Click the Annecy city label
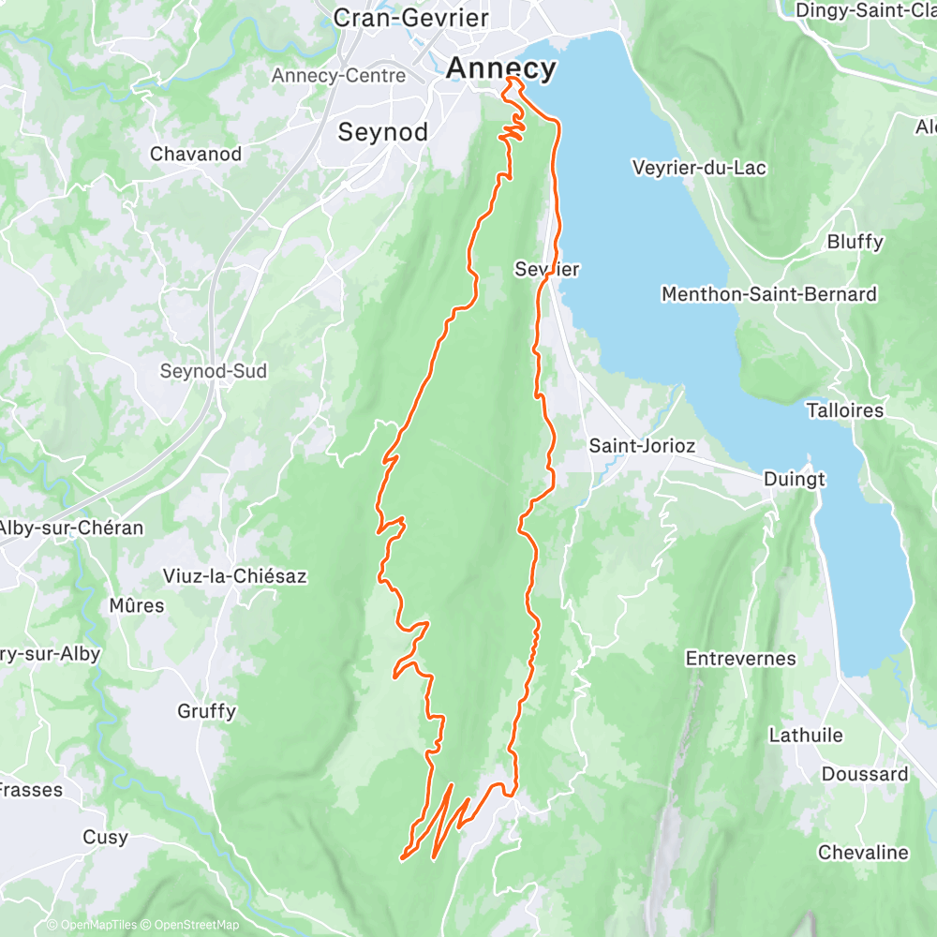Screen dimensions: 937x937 coord(501,68)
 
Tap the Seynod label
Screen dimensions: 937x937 coord(382,132)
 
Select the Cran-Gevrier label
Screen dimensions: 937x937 coord(397,18)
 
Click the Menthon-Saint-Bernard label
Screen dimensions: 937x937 coord(768,294)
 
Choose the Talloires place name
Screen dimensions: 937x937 coord(844,410)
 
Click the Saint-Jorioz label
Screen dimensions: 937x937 coord(641,446)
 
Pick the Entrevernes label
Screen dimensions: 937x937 coord(740,659)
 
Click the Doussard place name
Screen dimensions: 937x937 coord(864,774)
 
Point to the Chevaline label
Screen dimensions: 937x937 coord(862,853)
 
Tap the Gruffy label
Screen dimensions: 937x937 coord(206,711)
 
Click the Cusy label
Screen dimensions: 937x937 coord(105,837)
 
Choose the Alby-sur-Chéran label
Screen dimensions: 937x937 coord(71,528)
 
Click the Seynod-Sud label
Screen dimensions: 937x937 coord(213,371)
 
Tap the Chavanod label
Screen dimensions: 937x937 coord(196,154)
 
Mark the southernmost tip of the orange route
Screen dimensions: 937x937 coord(402,857)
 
